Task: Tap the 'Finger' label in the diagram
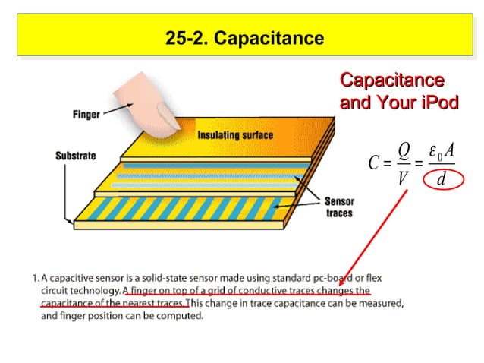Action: pos(86,115)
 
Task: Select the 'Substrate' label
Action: pos(76,156)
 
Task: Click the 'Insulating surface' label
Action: pos(235,136)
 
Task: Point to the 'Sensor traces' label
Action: pos(338,207)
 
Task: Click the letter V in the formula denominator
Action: pos(403,180)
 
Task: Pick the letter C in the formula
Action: pos(373,163)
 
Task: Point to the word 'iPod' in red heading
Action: pos(440,103)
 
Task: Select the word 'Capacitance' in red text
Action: pos(391,80)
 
